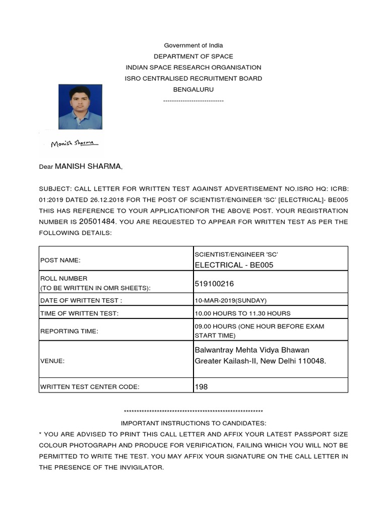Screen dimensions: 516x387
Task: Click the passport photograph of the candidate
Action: [80, 107]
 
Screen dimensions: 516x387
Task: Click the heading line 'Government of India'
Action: [193, 45]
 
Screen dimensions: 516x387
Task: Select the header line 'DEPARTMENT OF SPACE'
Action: [193, 56]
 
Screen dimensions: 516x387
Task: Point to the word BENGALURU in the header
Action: [193, 89]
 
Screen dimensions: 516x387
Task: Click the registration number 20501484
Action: [98, 221]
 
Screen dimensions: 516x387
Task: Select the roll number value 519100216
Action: [214, 284]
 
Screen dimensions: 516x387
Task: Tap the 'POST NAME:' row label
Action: [60, 261]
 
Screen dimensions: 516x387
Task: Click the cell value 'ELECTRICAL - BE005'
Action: [234, 265]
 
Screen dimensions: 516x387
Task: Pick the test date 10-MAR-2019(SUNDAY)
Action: [231, 300]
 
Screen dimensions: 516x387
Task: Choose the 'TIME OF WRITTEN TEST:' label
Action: [79, 313]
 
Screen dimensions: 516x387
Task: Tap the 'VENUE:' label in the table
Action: [52, 361]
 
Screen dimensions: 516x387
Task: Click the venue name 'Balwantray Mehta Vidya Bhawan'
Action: [252, 350]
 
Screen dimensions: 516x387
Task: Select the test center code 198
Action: [201, 386]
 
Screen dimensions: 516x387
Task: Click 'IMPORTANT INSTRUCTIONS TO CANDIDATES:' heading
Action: [193, 423]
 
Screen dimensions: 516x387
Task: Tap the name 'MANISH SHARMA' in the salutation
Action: [88, 166]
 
